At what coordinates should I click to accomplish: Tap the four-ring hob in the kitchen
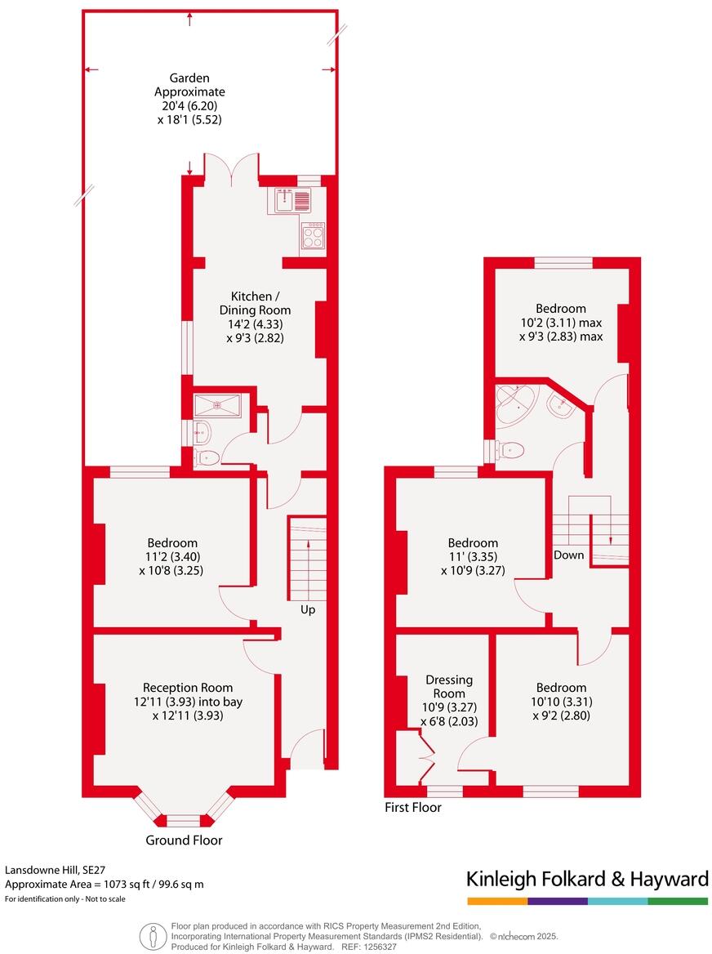coord(313,237)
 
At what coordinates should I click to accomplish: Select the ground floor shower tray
coord(217,403)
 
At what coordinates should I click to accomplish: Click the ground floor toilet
coord(207,457)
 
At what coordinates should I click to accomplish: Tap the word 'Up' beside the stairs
coord(308,609)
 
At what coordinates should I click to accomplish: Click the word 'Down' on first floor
coord(568,555)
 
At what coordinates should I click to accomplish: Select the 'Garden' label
coord(190,78)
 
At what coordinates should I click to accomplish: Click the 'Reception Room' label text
coord(188,688)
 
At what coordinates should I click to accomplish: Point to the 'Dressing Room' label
coord(449,687)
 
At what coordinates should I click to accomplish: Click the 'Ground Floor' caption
coord(184,840)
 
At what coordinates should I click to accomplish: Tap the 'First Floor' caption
coord(413,808)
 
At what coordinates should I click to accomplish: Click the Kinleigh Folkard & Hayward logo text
coord(587,879)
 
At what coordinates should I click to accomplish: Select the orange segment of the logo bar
coord(497,901)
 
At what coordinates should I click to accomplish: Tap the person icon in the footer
coord(151,936)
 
